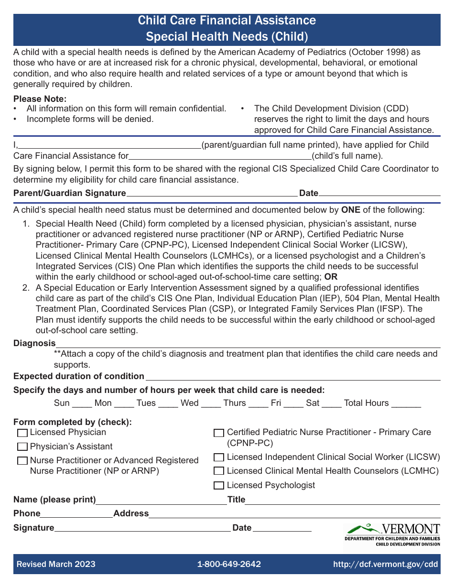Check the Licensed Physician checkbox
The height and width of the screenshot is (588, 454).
pyautogui.click(x=22, y=433)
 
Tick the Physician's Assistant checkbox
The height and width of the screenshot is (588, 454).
pyautogui.click(x=22, y=447)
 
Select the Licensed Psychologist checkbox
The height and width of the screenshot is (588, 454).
pyautogui.click(x=219, y=486)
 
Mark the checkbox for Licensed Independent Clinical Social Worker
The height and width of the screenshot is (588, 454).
pyautogui.click(x=219, y=457)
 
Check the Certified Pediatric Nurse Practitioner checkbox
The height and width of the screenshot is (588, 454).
pyautogui.click(x=219, y=433)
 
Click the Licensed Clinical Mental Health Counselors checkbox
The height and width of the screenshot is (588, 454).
pyautogui.click(x=219, y=471)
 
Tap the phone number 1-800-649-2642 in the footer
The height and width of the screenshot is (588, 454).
pyautogui.click(x=229, y=564)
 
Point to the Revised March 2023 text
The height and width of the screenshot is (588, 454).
pyautogui.click(x=56, y=564)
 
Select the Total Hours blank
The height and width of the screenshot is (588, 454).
pyautogui.click(x=406, y=404)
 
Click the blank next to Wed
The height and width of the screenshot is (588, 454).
pyautogui.click(x=211, y=404)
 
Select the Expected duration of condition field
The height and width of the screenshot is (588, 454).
pyautogui.click(x=292, y=377)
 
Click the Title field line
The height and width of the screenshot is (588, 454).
pyautogui.click(x=342, y=501)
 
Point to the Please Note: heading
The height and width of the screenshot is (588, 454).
pyautogui.click(x=40, y=99)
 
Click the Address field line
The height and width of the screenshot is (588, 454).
pyautogui.click(x=294, y=514)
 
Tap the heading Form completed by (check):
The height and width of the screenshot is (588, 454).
pyautogui.click(x=73, y=422)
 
